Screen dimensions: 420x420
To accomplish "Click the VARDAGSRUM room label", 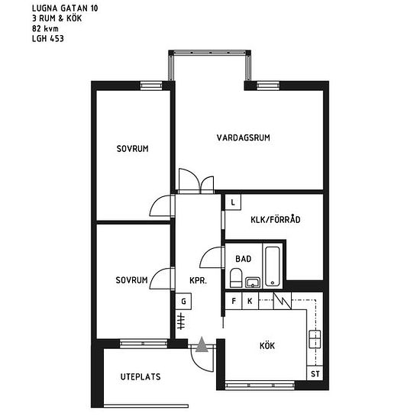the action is tap(243, 137).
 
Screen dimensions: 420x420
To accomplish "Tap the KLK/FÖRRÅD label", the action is tap(276, 219).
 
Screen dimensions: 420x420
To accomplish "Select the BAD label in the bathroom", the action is tap(243, 259).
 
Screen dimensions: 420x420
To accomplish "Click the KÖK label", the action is tap(267, 345).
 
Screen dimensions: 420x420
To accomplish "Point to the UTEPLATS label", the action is tap(141, 376).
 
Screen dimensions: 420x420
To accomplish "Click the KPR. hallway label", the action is tap(198, 280).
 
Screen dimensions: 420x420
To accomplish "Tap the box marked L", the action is tap(233, 202).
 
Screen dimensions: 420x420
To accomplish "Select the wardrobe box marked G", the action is tap(183, 302).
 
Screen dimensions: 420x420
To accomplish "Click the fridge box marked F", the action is tap(234, 301).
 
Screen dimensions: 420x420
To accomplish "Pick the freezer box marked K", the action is tap(250, 301).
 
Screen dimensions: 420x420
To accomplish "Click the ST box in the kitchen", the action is tap(315, 373).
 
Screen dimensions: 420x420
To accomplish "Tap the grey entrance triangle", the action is tap(202, 344).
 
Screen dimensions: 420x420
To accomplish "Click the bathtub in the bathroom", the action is tap(273, 267).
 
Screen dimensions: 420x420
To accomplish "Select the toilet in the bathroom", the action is tap(236, 277).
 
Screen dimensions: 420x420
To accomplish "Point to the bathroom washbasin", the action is tap(253, 283).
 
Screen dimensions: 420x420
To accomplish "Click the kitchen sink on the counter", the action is tap(315, 339).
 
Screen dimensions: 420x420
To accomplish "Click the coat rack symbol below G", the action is tap(181, 321).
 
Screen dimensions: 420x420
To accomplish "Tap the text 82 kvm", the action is tap(45, 29).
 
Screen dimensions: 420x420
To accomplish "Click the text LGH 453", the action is tap(48, 39).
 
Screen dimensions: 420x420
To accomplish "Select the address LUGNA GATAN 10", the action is tap(65, 8).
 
